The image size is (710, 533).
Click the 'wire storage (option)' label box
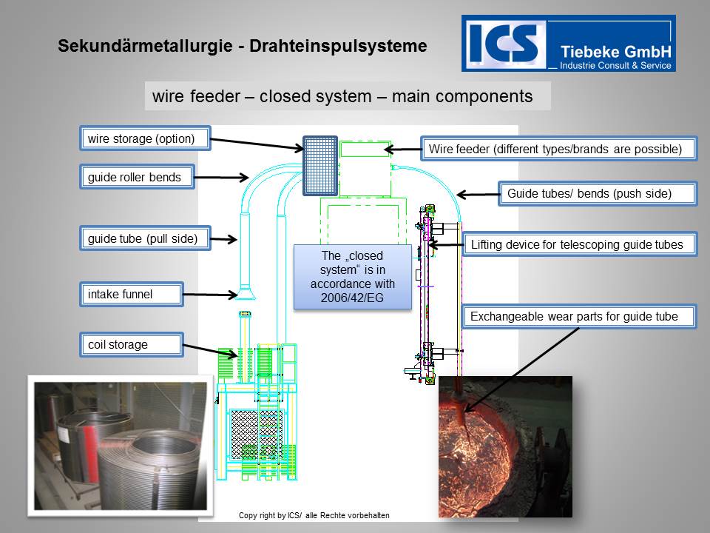coord(144,138)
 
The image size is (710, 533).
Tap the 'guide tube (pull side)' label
coord(144,238)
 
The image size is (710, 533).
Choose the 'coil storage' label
coord(131,344)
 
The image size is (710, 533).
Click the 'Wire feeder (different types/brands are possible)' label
coord(558,149)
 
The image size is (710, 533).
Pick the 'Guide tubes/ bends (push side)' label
coord(598,194)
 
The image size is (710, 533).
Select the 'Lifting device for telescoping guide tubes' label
coord(579,244)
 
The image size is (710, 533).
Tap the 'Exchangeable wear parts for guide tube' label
coord(579,317)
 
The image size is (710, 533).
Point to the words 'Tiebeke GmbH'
coord(615,51)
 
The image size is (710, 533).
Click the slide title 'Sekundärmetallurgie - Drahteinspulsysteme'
coord(242,46)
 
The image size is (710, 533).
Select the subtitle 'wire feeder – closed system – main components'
coord(342,96)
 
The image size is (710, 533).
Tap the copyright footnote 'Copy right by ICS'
coord(314,515)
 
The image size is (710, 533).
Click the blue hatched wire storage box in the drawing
coord(320,166)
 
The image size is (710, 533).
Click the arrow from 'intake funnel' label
coord(210,295)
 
